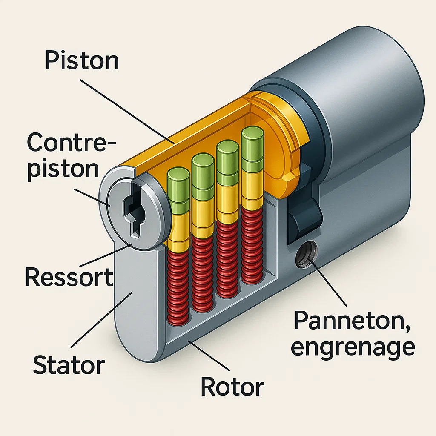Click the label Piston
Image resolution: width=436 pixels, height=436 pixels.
pos(82,60)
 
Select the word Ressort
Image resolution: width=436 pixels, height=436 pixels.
pos(69,277)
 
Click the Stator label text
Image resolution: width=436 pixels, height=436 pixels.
pos(69,364)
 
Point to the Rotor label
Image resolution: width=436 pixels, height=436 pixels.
pos(232,387)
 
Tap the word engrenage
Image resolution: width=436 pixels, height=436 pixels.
pos(353,347)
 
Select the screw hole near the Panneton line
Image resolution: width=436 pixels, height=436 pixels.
pos(306,254)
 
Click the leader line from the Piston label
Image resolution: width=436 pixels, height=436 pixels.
pos(127,112)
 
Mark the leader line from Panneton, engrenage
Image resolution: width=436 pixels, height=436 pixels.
pos(329,283)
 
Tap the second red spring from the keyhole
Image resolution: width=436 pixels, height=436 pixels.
pos(202,274)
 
